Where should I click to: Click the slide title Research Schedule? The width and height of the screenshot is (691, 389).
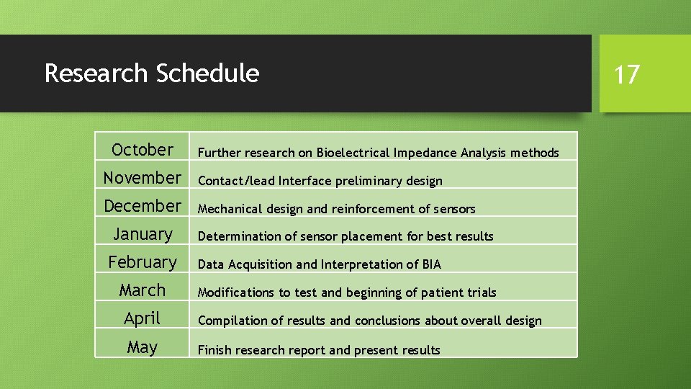151,73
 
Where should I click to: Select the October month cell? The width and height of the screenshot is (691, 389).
143,150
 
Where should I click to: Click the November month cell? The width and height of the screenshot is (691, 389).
143,178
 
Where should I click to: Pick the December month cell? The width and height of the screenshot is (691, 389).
143,206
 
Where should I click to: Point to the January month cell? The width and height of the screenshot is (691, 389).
143,234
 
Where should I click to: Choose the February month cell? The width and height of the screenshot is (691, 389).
143,262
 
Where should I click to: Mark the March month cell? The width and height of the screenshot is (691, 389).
143,290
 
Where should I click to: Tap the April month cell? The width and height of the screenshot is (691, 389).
143,318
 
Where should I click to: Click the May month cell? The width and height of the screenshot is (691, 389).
143,347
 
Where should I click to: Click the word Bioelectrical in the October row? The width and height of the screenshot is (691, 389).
353,153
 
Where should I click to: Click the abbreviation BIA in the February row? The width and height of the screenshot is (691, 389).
432,264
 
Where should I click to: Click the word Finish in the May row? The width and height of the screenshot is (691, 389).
214,350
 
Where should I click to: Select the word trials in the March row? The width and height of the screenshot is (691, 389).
480,292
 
